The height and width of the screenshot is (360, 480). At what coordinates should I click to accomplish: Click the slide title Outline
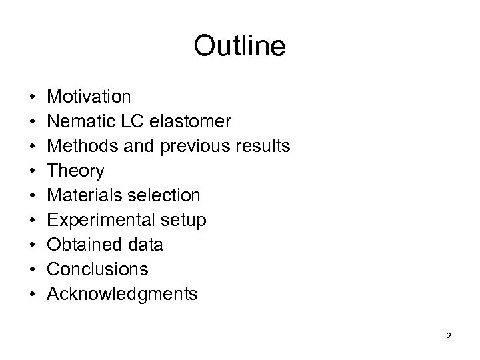tap(239, 47)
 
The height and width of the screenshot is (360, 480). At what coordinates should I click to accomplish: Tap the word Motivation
tap(89, 97)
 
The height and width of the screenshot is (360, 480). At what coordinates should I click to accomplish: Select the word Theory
tap(76, 171)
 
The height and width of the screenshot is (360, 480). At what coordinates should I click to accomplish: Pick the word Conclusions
tap(98, 270)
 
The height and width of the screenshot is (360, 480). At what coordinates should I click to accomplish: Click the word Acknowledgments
tap(123, 295)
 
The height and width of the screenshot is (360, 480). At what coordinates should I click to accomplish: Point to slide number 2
tap(448, 337)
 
